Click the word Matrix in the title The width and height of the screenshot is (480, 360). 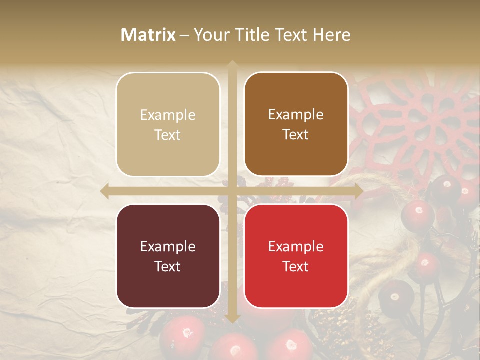tap(148, 35)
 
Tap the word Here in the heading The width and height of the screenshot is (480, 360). tap(332, 35)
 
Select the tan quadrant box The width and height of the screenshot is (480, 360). tap(168, 124)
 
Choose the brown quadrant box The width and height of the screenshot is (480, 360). tap(296, 124)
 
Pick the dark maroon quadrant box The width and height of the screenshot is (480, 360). tap(168, 256)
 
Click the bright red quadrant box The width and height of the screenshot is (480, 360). tap(296, 256)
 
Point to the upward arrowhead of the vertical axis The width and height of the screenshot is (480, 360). tap(232, 64)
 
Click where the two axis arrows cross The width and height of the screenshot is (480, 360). tap(232, 191)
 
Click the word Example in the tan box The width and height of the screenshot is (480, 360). tap(168, 115)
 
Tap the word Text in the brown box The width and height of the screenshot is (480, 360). tap(296, 135)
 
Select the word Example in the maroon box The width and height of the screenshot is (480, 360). tap(168, 247)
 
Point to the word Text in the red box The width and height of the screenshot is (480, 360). tap(296, 266)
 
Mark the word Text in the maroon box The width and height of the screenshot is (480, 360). tap(168, 266)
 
